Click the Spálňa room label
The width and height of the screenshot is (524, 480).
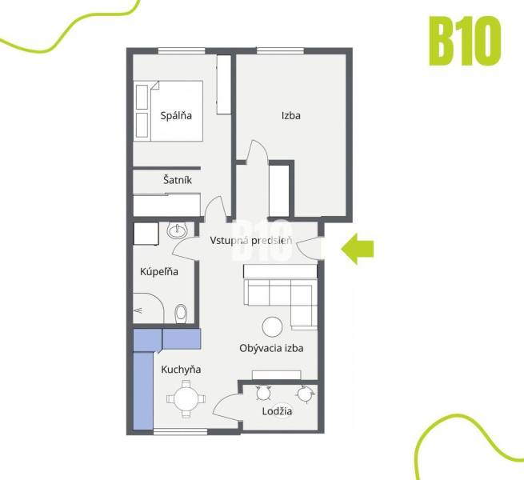coord(176,115)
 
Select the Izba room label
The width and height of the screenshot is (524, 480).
coord(290,115)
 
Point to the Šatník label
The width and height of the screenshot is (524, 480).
coord(177,181)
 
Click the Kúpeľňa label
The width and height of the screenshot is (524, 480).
coord(159,272)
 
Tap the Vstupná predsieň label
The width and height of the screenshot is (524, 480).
coord(250,240)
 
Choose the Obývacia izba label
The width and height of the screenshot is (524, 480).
coord(271,348)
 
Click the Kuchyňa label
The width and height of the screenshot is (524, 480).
coord(181,370)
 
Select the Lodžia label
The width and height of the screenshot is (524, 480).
coord(277,411)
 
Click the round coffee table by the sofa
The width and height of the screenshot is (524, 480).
coord(273,326)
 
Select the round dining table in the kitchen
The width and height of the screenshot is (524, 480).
coord(186,398)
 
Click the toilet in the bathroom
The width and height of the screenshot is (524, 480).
coord(181,311)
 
